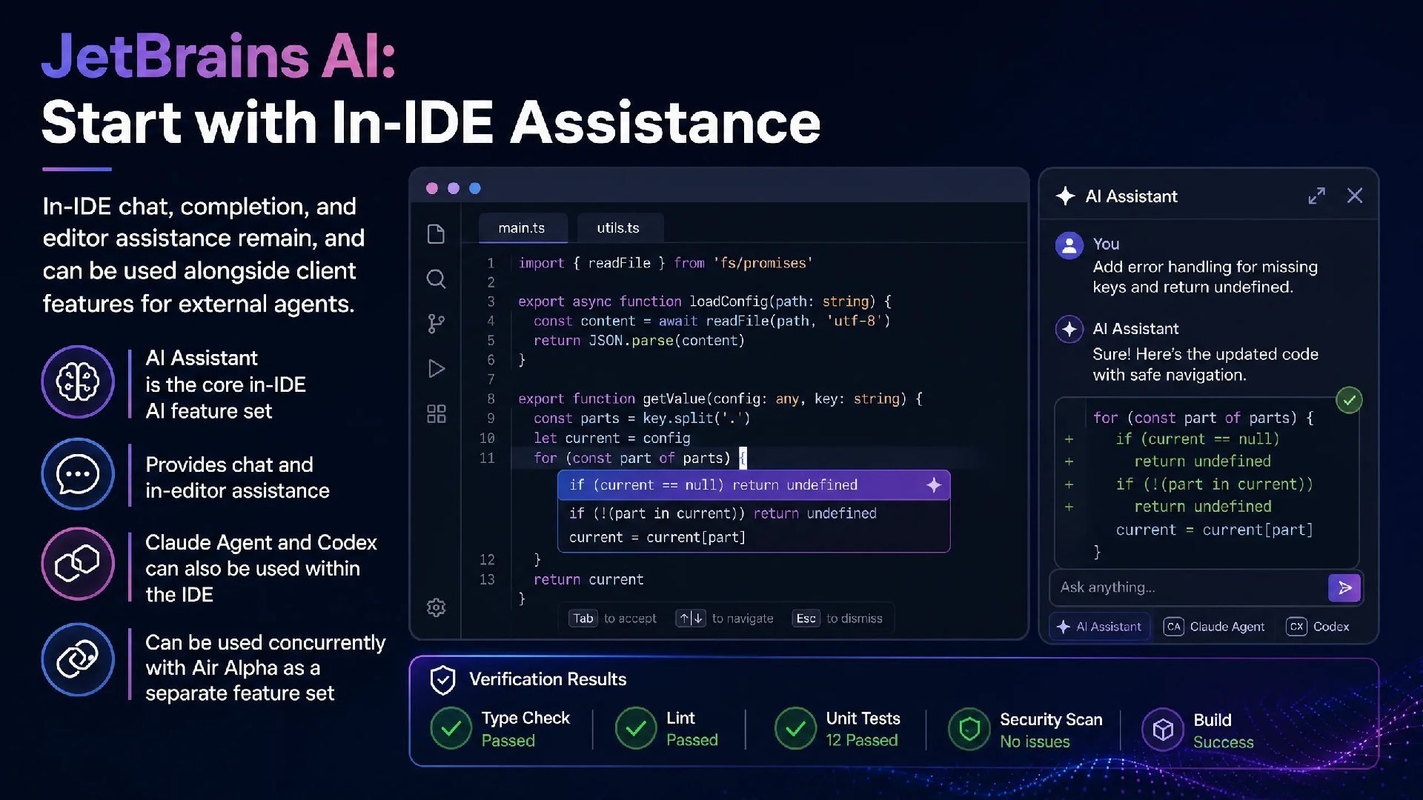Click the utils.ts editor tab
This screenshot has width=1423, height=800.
coord(618,228)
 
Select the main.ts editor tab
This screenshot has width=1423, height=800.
coord(523,228)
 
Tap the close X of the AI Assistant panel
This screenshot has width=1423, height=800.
coord(1355,196)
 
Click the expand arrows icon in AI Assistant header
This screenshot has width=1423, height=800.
coord(1316,196)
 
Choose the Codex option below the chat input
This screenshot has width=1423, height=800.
coord(1318,627)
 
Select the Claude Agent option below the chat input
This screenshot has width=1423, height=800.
coord(1214,627)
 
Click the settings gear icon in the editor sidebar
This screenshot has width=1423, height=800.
coord(436,607)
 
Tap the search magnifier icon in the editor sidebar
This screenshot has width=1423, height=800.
coord(436,279)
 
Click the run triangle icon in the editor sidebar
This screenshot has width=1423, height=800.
coord(437,368)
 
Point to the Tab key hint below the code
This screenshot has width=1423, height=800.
coord(583,619)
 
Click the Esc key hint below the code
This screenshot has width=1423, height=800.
coord(806,619)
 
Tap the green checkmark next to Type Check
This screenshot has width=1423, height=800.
coord(451,728)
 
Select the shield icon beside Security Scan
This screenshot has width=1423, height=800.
coord(969,729)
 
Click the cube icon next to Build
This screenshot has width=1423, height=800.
coord(1163,730)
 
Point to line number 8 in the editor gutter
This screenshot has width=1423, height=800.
coord(491,399)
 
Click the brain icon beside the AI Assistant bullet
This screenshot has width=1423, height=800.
coord(78,382)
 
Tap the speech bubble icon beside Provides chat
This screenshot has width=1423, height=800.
coord(78,474)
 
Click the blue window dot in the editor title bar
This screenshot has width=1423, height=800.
coord(475,188)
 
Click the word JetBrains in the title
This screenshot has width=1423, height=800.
coord(175,56)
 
